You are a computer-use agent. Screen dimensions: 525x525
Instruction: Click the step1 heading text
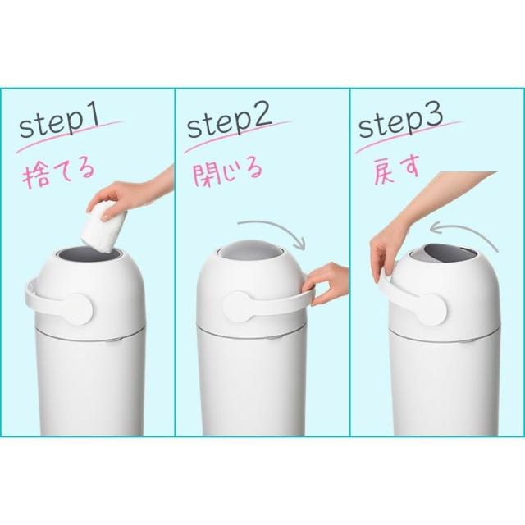point(59,121)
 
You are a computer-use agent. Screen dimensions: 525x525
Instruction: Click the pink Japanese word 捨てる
point(58,174)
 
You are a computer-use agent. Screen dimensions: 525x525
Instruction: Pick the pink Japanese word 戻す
point(396,171)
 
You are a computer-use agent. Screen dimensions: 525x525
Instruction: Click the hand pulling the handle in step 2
point(326,283)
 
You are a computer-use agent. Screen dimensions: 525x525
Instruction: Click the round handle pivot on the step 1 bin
point(76,309)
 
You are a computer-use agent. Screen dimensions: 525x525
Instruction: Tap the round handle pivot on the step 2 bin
point(239,307)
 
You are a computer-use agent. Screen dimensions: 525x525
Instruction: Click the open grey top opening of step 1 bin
point(90,253)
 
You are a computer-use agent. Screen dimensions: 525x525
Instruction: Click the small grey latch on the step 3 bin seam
point(466,341)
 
